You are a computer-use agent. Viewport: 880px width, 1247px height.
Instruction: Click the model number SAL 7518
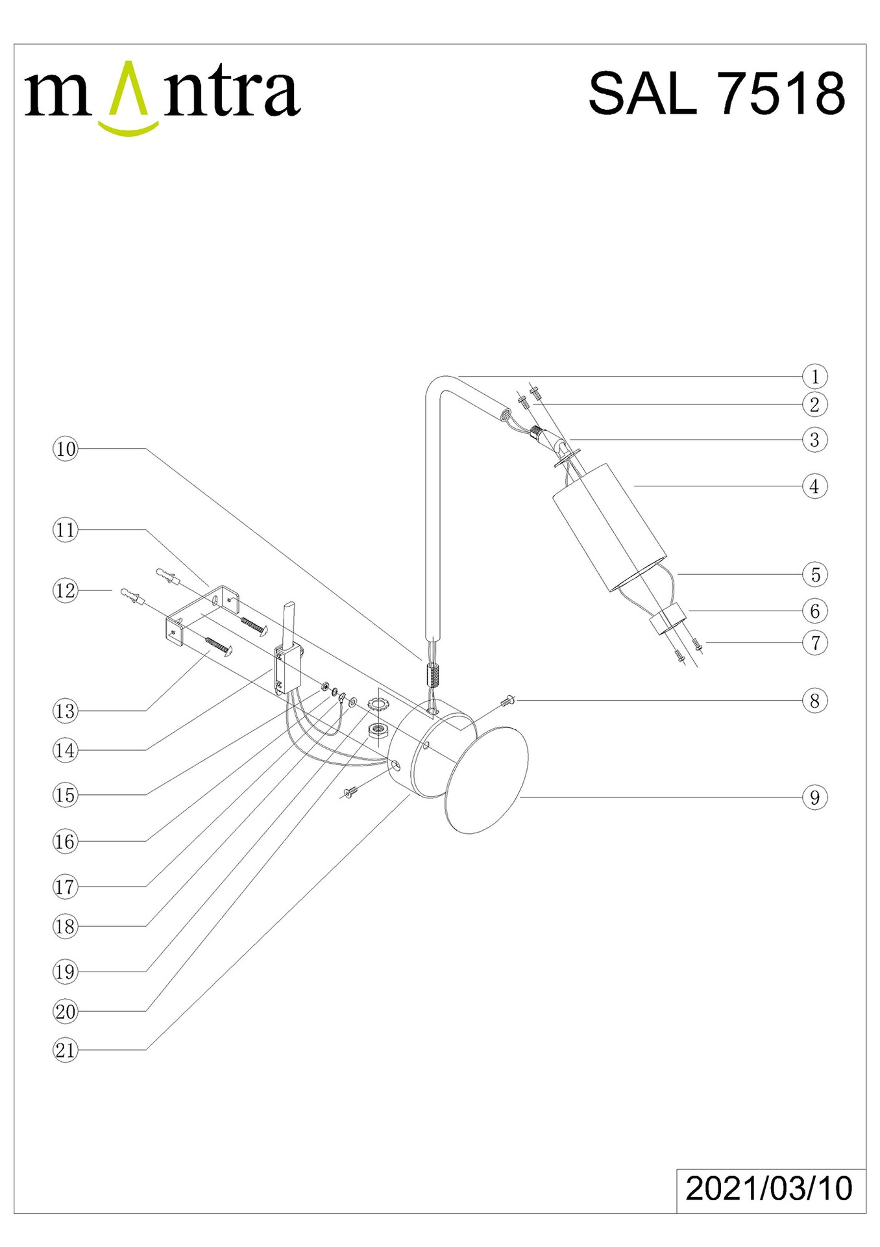(716, 94)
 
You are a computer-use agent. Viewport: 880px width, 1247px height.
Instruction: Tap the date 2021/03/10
(769, 1188)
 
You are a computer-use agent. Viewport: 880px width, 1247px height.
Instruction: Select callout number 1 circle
(814, 377)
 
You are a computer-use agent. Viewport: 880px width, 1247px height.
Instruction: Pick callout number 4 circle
(814, 486)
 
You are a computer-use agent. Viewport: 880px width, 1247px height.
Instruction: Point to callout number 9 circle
(814, 798)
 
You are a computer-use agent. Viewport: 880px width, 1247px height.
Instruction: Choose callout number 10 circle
(65, 449)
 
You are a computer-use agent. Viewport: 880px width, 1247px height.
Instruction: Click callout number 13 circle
(65, 711)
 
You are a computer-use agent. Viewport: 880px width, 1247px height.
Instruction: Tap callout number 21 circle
(65, 1050)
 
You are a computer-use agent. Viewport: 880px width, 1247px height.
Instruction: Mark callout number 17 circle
(65, 887)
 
